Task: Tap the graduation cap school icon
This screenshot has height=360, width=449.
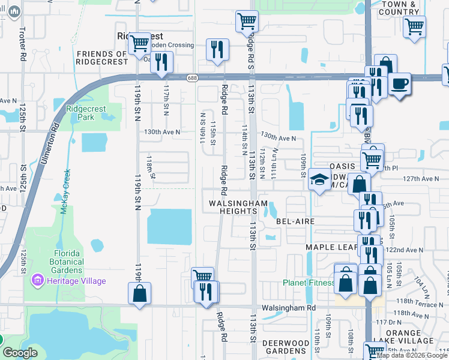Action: pyautogui.click(x=320, y=179)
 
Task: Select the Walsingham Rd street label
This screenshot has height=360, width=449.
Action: pyautogui.click(x=288, y=308)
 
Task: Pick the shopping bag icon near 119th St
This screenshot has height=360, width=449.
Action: pyautogui.click(x=139, y=293)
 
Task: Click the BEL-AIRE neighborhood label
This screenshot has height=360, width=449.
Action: pyautogui.click(x=295, y=221)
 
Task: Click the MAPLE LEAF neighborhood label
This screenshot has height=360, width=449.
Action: pyautogui.click(x=331, y=247)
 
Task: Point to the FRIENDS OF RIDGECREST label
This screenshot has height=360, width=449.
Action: pyautogui.click(x=102, y=58)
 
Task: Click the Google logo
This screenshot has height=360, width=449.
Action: pyautogui.click(x=19, y=353)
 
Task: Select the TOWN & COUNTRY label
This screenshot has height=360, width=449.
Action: pyautogui.click(x=399, y=8)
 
